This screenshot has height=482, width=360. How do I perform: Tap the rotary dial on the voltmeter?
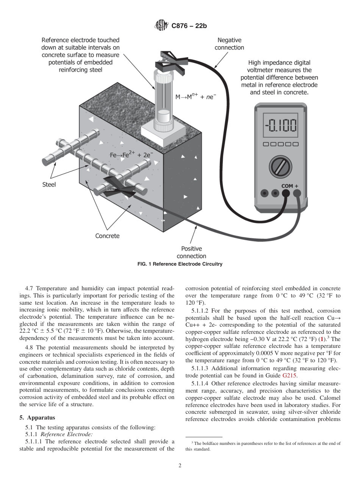[281, 166]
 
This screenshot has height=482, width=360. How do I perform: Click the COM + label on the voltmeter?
[290, 186]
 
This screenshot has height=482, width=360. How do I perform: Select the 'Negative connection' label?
[229, 44]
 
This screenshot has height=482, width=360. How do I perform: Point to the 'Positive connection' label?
[191, 252]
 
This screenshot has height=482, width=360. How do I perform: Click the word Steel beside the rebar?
[49, 185]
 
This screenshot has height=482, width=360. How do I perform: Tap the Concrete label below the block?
[107, 236]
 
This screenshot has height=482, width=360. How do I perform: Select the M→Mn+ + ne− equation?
[196, 97]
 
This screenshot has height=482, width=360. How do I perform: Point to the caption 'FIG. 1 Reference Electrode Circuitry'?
[180, 264]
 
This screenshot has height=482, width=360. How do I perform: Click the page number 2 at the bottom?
[180, 466]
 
